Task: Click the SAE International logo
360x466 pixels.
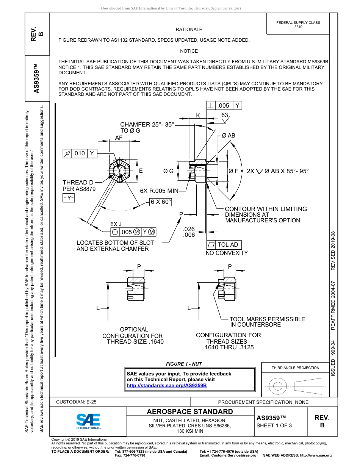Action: coord(88,421)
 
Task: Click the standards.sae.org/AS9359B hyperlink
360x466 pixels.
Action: coord(166,385)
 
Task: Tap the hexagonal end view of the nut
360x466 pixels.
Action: coord(121,170)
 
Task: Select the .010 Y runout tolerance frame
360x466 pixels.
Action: coord(80,153)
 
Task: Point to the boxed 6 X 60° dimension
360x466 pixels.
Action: coord(161,202)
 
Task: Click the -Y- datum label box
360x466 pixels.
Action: coord(69,198)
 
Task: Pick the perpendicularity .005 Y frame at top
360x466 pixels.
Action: coord(224,106)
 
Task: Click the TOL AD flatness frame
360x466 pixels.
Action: coord(224,245)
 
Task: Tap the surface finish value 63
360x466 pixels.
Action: coord(225,115)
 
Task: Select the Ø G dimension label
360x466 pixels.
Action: coord(168,171)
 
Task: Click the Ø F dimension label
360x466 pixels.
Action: coord(233,171)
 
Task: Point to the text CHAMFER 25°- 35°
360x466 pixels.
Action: coord(147,124)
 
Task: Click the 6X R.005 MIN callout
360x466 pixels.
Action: coord(159,191)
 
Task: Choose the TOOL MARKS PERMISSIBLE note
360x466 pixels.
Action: coord(267,322)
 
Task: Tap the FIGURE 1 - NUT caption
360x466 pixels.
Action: coord(184,364)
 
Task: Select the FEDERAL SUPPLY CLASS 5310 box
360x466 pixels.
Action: coord(298,25)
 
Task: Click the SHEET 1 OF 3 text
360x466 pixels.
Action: coord(274,425)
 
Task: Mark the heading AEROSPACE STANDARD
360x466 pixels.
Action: coord(190,411)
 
